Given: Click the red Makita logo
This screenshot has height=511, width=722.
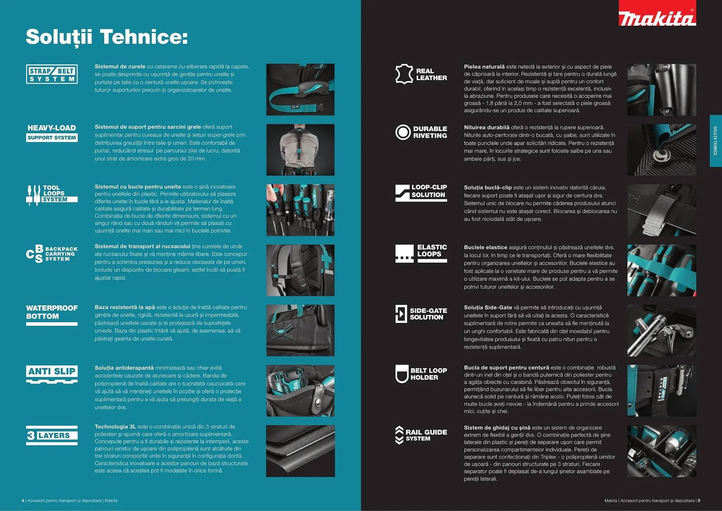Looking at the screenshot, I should click(x=657, y=14).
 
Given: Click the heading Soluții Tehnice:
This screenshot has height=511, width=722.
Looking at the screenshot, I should click(x=107, y=37).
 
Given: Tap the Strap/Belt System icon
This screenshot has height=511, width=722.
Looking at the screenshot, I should click(x=52, y=74).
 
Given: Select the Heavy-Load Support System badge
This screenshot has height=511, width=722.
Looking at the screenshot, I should click(x=52, y=133).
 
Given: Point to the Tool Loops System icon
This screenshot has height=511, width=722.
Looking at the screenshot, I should click(x=34, y=195).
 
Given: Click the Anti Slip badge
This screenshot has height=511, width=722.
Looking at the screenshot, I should click(x=52, y=374).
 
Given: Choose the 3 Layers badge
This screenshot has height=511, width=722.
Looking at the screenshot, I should click(x=52, y=435).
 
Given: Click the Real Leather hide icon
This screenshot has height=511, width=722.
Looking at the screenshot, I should click(x=404, y=74).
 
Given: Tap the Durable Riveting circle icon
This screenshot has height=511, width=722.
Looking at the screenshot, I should click(x=403, y=132).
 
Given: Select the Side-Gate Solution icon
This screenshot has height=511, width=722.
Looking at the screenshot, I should click(x=401, y=313).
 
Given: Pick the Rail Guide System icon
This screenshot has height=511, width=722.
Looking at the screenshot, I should click(x=399, y=435).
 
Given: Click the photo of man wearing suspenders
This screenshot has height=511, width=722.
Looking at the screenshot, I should click(x=300, y=150).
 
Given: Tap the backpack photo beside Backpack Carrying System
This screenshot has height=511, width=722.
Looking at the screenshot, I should click(x=300, y=270).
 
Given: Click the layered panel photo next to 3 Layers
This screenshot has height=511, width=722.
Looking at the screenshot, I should click(x=300, y=451).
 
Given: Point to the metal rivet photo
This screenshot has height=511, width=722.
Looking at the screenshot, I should click(x=661, y=150).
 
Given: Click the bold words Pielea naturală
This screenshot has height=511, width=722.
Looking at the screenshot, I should click(x=484, y=67).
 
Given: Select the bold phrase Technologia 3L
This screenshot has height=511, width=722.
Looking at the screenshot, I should click(x=115, y=427).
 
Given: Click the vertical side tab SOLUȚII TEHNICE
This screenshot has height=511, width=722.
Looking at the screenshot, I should click(x=715, y=141).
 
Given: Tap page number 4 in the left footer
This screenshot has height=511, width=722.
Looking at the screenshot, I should click(x=23, y=500).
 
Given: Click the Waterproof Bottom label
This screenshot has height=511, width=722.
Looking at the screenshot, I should click(x=52, y=312).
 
